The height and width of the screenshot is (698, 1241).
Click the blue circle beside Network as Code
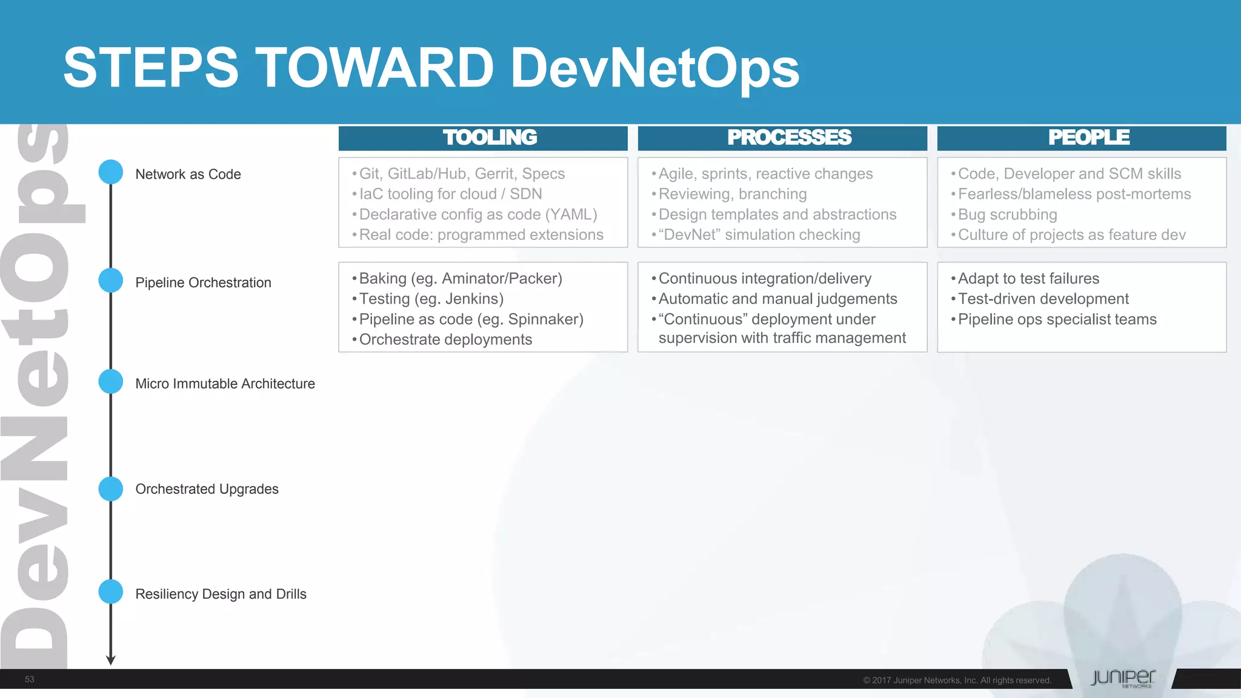click(x=111, y=172)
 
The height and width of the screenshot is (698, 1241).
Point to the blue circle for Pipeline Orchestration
click(x=111, y=281)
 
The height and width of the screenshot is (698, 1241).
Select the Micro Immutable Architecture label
click(x=225, y=384)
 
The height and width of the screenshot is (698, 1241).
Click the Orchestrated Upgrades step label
click(x=207, y=489)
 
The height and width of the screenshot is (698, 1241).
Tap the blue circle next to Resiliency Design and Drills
click(x=111, y=592)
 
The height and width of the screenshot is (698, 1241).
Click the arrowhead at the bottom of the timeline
click(x=111, y=660)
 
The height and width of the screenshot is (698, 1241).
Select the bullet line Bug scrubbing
click(x=1007, y=214)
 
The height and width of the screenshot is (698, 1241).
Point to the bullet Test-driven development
click(x=1043, y=299)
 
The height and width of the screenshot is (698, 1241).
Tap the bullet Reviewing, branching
click(x=732, y=194)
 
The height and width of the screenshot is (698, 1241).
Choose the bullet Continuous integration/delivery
click(x=765, y=279)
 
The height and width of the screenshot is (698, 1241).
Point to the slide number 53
click(x=29, y=679)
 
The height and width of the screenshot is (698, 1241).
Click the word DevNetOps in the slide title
click(x=654, y=68)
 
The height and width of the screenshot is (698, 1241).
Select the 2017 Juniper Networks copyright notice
click(x=957, y=680)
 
